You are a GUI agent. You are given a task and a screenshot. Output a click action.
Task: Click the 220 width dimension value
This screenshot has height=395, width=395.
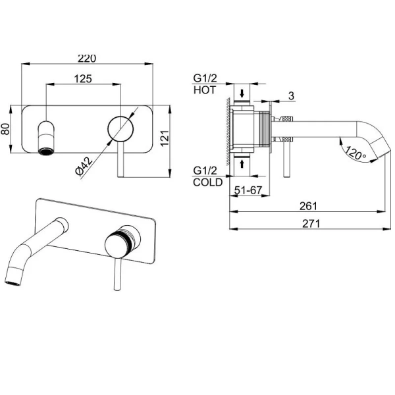tap(87, 59)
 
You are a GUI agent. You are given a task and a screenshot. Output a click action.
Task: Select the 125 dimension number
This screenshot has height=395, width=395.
tap(83, 79)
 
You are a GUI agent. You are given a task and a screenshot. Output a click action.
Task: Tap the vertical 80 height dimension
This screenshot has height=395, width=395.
tap(5, 129)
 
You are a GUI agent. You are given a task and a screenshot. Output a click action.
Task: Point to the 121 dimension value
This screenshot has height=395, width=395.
tap(165, 138)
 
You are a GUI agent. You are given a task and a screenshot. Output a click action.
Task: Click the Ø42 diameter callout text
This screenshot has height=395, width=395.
tap(84, 166)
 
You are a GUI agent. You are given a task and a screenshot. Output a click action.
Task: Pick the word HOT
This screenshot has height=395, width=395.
tap(205, 90)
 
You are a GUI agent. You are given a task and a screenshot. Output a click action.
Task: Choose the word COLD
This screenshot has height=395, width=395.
tap(208, 182)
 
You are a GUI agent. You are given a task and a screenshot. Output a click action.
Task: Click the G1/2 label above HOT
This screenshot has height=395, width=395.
tap(205, 78)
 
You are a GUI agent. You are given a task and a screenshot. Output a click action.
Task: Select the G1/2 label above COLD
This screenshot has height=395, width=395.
tap(205, 171)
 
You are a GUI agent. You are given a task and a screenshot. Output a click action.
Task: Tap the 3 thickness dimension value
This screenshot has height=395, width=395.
tap(291, 95)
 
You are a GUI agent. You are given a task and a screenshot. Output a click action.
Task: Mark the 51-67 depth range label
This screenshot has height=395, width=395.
tap(248, 190)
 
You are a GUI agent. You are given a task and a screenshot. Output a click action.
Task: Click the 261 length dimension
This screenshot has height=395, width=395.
tap(308, 206)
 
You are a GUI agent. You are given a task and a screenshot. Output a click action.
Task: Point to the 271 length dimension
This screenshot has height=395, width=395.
tap(311, 223)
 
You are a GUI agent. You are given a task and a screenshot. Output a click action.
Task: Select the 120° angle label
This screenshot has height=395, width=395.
tap(355, 153)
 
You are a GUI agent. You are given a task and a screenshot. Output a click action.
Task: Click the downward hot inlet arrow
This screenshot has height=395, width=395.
tap(242, 93)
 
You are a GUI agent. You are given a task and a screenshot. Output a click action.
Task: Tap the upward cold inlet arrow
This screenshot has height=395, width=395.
tap(242, 164)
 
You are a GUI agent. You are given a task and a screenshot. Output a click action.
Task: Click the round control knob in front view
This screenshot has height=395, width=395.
tap(120, 129)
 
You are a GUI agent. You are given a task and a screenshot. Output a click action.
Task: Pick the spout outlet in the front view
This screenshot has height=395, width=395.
tap(46, 151)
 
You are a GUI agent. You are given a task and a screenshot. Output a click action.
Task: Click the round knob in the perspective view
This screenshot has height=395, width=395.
tap(117, 246)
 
